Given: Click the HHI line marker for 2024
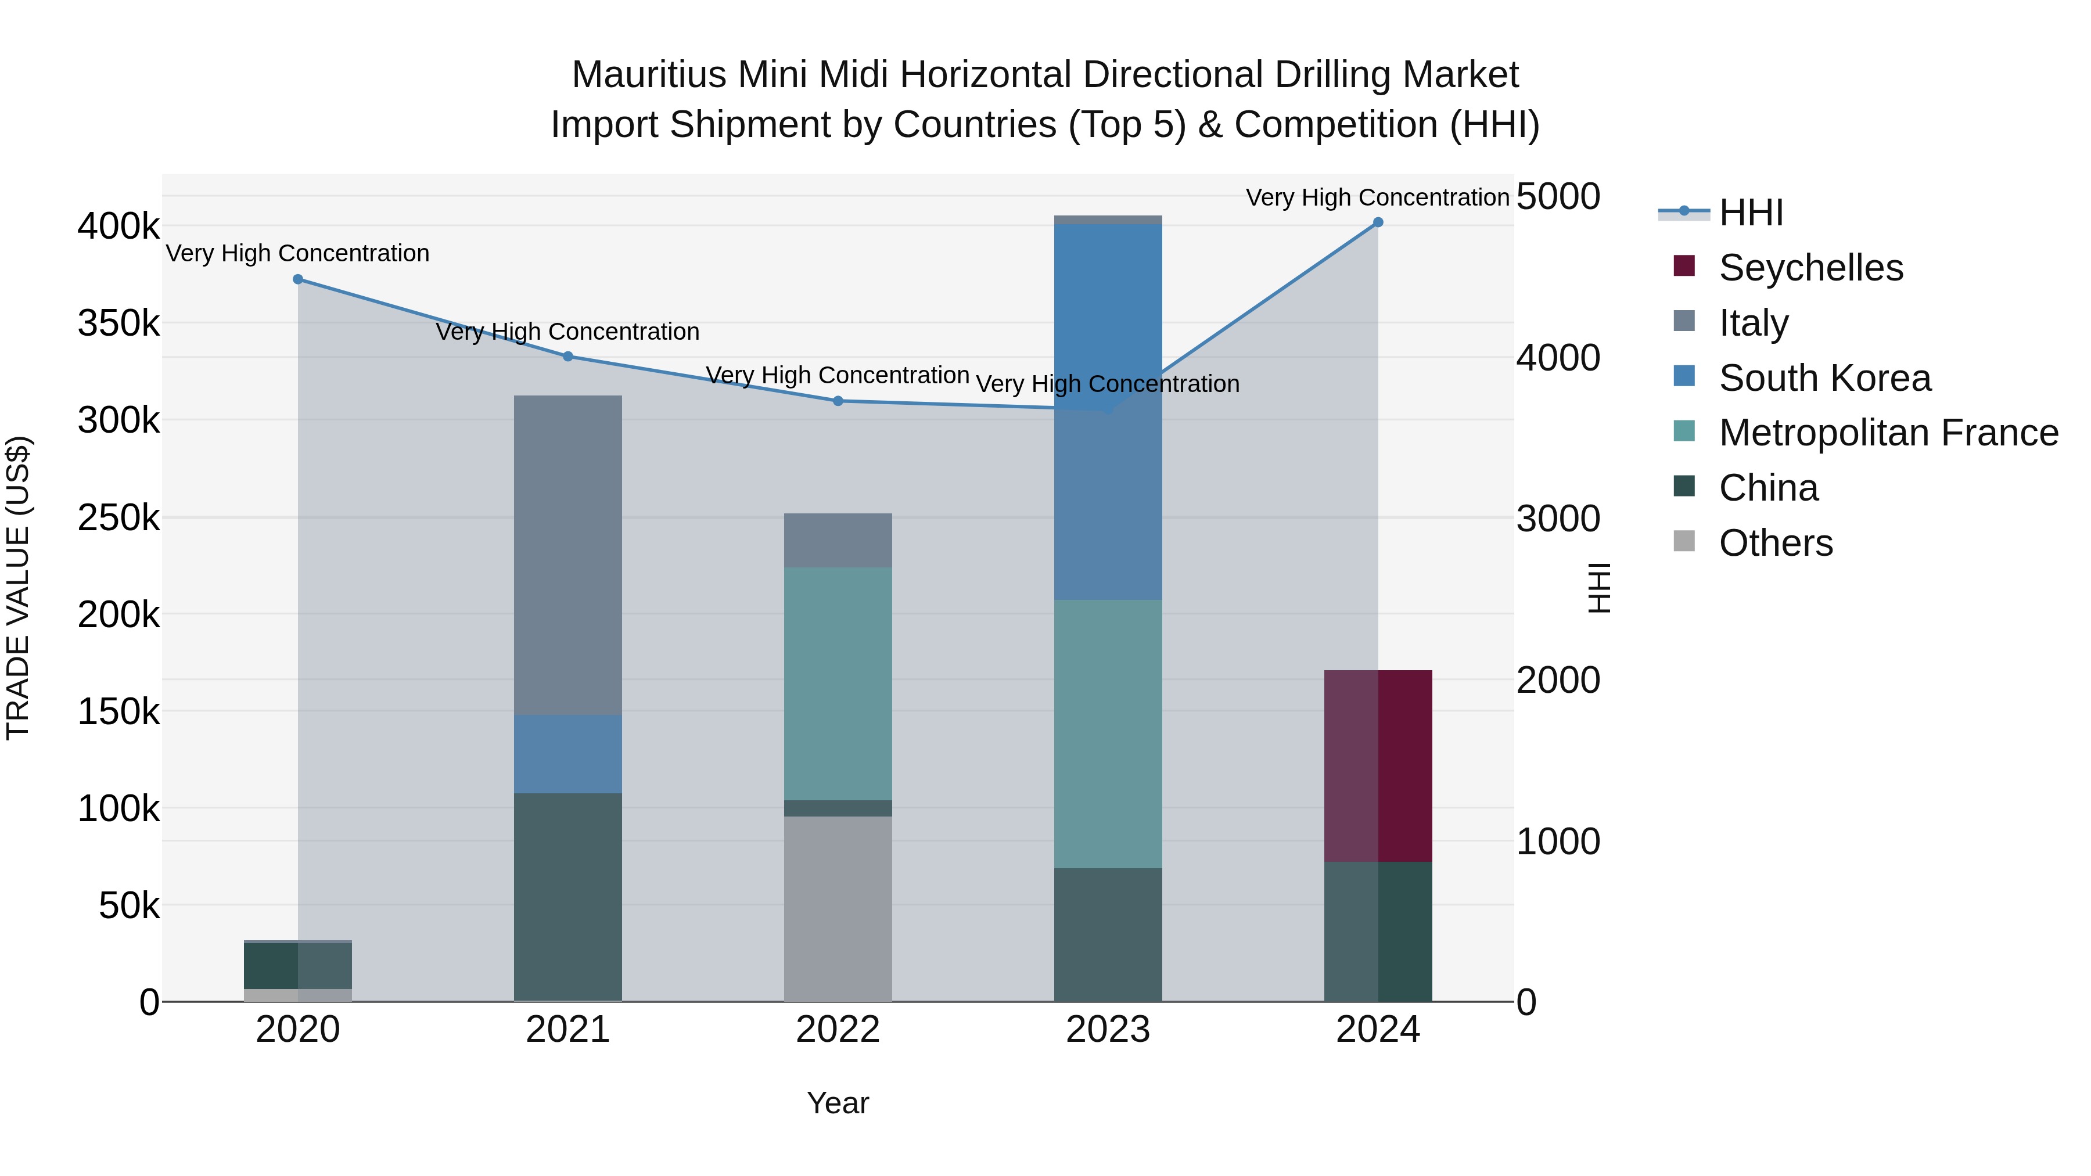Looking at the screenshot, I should coord(1378,222).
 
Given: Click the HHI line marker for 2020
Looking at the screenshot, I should coord(298,279).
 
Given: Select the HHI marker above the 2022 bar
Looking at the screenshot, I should coord(838,401).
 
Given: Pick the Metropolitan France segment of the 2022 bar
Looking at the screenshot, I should coord(838,684).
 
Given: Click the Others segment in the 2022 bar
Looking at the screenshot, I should coord(838,908).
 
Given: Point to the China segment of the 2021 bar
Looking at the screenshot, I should coord(567,897).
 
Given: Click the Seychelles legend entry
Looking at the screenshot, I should coord(1810,268).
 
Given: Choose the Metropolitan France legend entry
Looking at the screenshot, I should coord(1888,433).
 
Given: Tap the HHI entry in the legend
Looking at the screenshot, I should coord(1751,213).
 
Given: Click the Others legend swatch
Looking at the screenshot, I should coord(1684,541).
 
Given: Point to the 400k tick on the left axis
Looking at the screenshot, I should coord(118,226).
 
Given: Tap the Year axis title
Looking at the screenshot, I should coord(838,1103).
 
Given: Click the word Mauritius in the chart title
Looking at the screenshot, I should coord(649,75).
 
